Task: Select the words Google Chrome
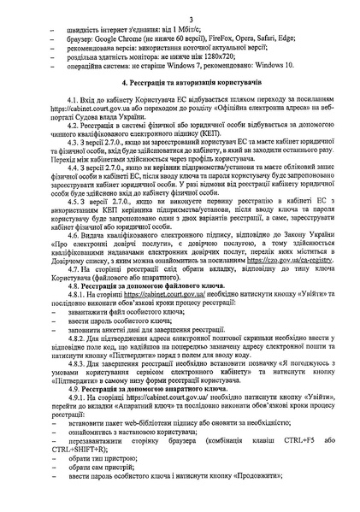pos(121,41)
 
